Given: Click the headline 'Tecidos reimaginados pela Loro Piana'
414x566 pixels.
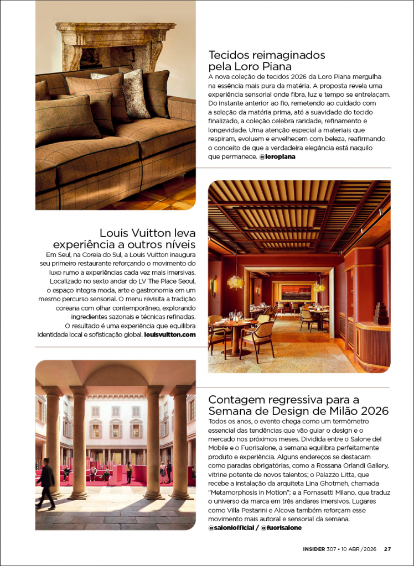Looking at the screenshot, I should (x=266, y=61).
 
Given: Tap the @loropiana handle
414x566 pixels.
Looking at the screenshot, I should (x=277, y=156).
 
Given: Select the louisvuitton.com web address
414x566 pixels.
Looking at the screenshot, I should (x=170, y=335).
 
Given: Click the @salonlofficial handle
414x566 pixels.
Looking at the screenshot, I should (x=231, y=528).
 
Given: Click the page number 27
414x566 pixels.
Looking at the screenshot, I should (x=387, y=549).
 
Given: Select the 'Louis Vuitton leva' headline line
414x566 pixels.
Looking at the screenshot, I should (x=147, y=233).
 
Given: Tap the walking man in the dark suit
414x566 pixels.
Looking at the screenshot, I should (x=46, y=483).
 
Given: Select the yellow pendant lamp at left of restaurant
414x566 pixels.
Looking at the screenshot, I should (x=235, y=281).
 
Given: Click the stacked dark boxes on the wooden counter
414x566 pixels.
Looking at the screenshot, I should (x=381, y=313).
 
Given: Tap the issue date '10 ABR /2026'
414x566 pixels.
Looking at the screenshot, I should (x=358, y=549).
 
